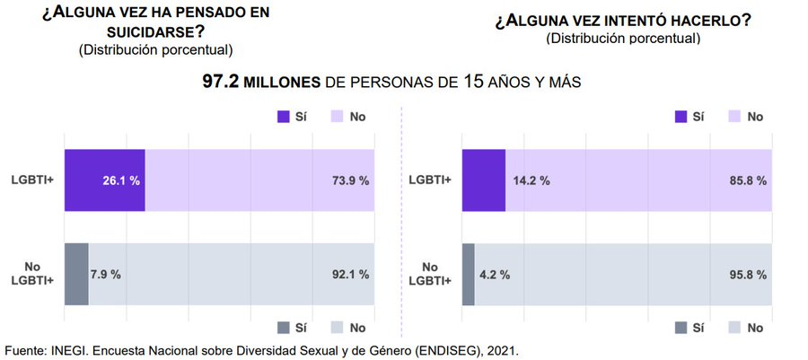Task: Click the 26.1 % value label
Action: point(121,180)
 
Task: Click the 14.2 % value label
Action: point(531,180)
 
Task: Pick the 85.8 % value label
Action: point(748,180)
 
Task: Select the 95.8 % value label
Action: point(748,274)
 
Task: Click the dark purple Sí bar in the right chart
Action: point(483,180)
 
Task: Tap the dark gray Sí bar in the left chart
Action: point(76,274)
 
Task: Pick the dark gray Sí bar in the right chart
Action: point(468,274)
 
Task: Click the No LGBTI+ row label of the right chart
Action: point(430,274)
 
